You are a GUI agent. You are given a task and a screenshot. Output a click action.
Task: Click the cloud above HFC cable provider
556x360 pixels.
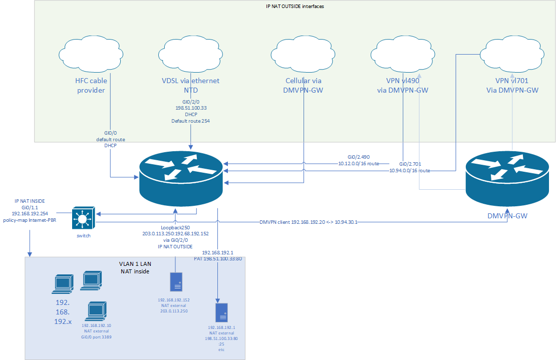88,53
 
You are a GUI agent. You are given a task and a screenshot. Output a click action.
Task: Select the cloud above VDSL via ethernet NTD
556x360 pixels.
188,53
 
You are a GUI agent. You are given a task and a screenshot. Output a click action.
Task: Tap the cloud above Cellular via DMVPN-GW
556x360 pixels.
302,53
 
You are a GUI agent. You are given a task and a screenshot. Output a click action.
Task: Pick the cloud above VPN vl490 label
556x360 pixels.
402,53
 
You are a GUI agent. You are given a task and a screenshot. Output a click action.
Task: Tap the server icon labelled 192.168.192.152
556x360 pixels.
176,281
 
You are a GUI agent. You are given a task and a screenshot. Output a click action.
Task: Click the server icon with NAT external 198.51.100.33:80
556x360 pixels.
221,312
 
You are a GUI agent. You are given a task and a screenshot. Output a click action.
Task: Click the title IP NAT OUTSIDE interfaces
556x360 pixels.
295,6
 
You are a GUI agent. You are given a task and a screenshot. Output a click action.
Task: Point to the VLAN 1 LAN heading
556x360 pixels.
135,264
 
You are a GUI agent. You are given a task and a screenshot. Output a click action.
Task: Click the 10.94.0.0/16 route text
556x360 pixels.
410,171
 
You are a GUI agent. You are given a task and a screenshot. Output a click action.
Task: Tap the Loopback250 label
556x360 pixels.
175,226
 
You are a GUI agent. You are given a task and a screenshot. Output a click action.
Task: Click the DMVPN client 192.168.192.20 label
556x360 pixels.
308,222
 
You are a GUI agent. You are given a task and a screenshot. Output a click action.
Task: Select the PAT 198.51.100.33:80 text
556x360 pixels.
218,259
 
